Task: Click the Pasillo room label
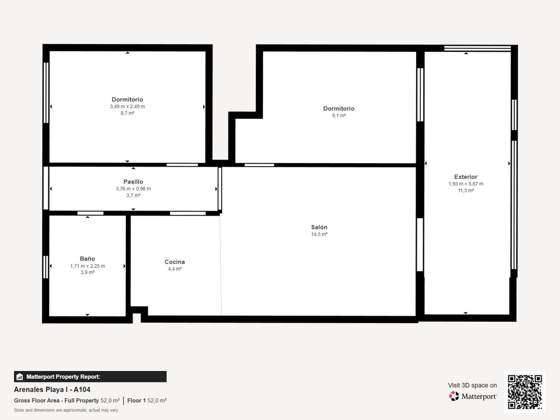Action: coord(133,182)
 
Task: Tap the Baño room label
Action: coord(87,259)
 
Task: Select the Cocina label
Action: coord(175,262)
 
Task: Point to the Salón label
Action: coord(319,227)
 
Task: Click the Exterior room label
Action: coord(465,177)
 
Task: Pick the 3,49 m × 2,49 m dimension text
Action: coord(127,106)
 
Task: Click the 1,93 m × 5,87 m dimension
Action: coord(466,184)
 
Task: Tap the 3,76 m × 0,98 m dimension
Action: coord(133,189)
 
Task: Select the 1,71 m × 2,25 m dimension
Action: coord(87,266)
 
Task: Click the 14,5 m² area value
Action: coord(319,234)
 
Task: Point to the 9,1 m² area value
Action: coord(339,115)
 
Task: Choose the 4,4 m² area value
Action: coord(175,269)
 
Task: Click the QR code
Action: coord(525,392)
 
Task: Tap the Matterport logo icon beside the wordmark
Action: coord(454,396)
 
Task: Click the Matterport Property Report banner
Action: coord(90,377)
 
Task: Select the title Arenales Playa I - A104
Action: coord(52,390)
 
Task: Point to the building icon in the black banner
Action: coord(20,377)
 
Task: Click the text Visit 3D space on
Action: coord(472,385)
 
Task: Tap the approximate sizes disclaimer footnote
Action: coord(66,410)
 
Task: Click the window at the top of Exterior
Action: coord(477,48)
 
